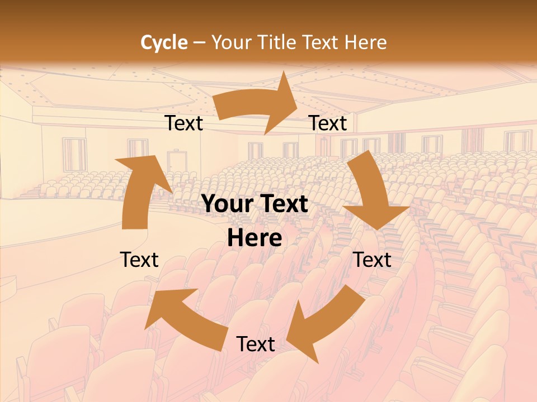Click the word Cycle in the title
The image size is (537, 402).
(164, 42)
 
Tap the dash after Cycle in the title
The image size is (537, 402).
(200, 42)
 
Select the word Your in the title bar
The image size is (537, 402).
(230, 42)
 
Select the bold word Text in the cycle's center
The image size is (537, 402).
(284, 204)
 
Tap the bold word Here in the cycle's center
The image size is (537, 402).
(255, 238)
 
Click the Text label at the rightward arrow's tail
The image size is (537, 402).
(184, 123)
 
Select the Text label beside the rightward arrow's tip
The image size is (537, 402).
(328, 123)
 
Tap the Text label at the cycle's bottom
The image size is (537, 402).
(256, 344)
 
